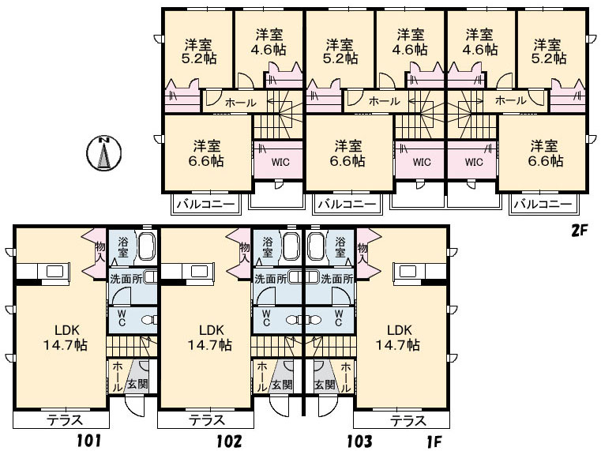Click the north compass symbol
coord(104,152)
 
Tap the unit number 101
coord(88,441)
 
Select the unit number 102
coord(229,441)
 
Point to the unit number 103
coord(359,441)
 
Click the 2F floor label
coord(580,231)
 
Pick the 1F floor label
coord(434,442)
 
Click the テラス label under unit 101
coord(65,420)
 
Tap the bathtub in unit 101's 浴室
coord(146,246)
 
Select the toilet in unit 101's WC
coord(148,320)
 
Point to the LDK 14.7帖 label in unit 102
coord(209,338)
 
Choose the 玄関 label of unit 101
coord(137,384)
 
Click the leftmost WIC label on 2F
coord(280,162)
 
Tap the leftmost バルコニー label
coord(205,204)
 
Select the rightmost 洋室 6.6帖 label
coord(546,153)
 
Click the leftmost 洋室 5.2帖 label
coord(198,51)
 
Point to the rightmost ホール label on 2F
coord(511,100)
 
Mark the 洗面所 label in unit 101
coord(126,279)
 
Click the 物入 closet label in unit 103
coord(362,253)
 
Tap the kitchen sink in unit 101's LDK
coord(54,272)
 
